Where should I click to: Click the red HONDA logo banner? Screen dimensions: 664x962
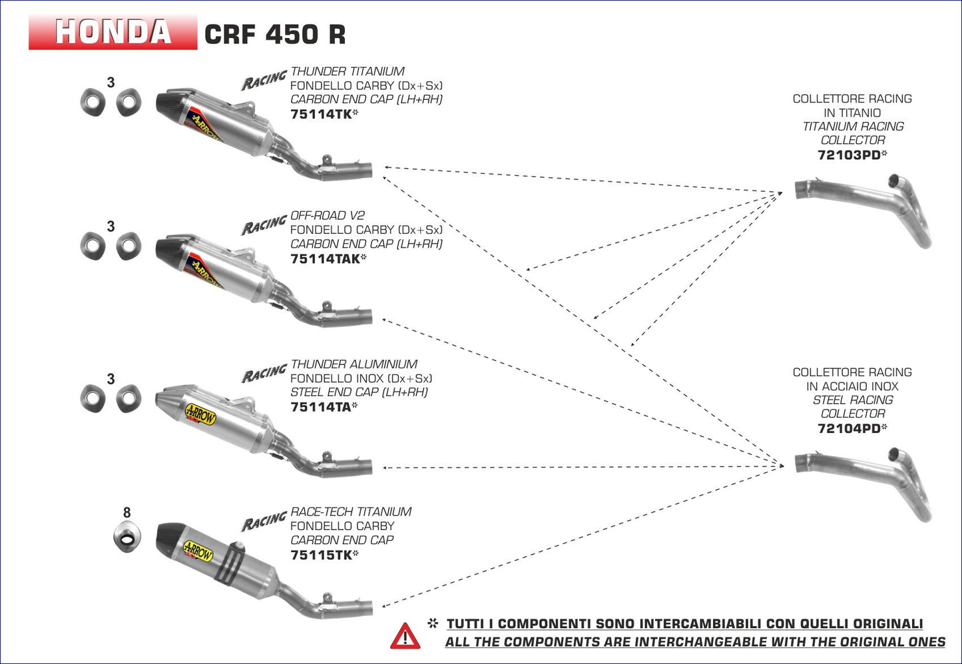pyautogui.click(x=113, y=32)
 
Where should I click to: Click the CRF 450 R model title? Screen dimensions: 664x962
pyautogui.click(x=274, y=34)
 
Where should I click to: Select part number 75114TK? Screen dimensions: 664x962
pyautogui.click(x=321, y=114)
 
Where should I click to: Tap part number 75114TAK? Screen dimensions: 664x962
pyautogui.click(x=325, y=258)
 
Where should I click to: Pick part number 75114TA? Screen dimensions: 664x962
pyautogui.click(x=320, y=407)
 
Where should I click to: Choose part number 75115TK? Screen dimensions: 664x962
pyautogui.click(x=321, y=555)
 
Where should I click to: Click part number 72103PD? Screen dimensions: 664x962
pyautogui.click(x=849, y=155)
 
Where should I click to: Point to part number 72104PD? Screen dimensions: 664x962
pyautogui.click(x=849, y=429)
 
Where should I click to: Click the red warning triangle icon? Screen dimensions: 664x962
pyautogui.click(x=405, y=636)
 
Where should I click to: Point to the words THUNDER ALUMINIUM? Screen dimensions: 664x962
pyautogui.click(x=354, y=364)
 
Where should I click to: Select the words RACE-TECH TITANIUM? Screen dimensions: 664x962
pyautogui.click(x=351, y=512)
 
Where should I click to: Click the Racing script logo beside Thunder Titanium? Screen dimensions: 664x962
pyautogui.click(x=264, y=79)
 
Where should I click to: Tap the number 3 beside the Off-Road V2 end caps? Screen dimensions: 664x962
pyautogui.click(x=111, y=226)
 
